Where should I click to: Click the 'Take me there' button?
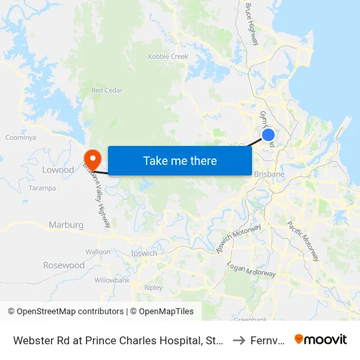[x=180, y=160]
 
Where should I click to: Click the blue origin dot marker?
[x=268, y=135]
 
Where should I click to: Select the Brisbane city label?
[x=268, y=174]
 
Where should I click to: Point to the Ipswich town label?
[x=144, y=253]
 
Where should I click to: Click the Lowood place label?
[x=58, y=170]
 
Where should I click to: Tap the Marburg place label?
[x=66, y=225]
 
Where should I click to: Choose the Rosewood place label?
[x=64, y=265]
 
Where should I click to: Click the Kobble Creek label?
[x=168, y=57]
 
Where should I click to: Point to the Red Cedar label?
[x=107, y=90]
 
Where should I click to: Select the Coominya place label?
[x=20, y=137]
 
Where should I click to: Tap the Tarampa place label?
[x=42, y=188]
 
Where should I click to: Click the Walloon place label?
[x=98, y=251]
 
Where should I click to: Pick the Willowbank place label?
[x=112, y=279]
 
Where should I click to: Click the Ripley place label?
[x=153, y=287]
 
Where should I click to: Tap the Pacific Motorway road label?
[x=303, y=241]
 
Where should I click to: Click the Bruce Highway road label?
[x=253, y=25]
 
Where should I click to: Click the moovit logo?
[x=321, y=339]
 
